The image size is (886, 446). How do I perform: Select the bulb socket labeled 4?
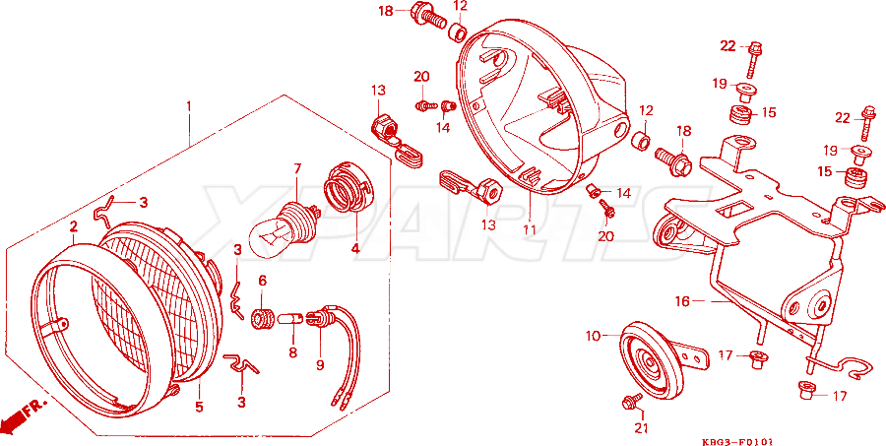(x=348, y=186)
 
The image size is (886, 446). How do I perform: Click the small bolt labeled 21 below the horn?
(x=632, y=402)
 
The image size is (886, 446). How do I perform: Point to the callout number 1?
(x=189, y=106)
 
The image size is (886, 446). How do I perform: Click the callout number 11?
(x=529, y=229)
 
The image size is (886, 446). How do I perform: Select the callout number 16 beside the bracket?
(x=682, y=302)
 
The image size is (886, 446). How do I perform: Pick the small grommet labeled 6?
(x=262, y=318)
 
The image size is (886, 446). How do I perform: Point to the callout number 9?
(x=320, y=365)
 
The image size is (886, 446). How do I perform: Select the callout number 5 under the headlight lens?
(x=199, y=407)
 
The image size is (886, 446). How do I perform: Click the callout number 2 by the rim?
(x=74, y=227)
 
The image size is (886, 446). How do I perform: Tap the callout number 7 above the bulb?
(x=297, y=168)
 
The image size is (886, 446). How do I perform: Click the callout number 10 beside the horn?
(x=593, y=337)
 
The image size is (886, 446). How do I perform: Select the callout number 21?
(x=640, y=428)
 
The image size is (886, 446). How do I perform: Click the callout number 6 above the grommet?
(x=262, y=281)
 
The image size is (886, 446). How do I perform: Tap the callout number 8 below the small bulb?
(x=292, y=352)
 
